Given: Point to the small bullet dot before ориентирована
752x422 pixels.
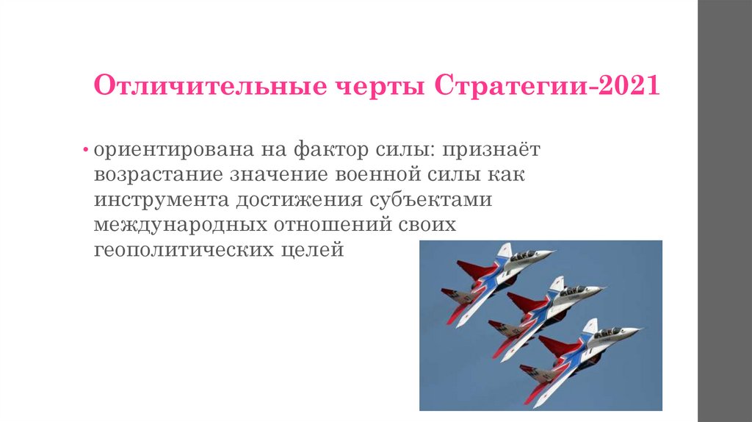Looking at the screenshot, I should click(x=86, y=151).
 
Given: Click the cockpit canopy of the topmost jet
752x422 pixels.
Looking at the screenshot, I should click(x=524, y=255).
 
